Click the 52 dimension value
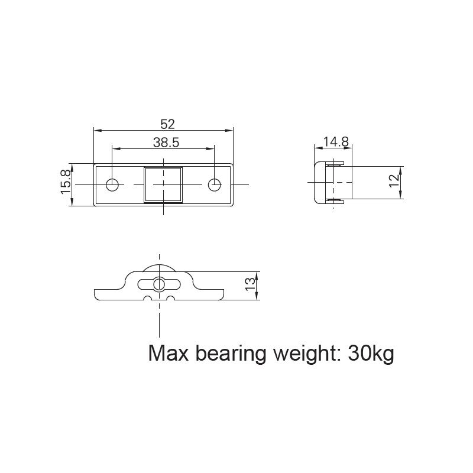coord(168,124)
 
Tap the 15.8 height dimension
coord(66,184)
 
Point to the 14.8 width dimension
coord(336,142)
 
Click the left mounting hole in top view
coord(112,185)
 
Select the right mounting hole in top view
coord(215,185)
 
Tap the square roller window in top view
coord(164,184)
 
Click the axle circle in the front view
coord(158,284)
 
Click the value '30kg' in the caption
coord(371,354)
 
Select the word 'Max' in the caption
coord(167,354)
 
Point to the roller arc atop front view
coord(158,264)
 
